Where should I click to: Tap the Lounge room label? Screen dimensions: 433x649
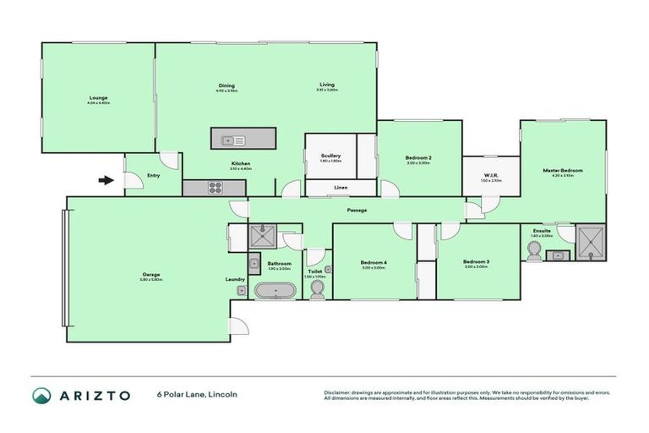coord(99,99)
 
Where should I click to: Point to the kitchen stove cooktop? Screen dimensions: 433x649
coord(212,189)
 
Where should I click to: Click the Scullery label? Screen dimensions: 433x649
coord(330,156)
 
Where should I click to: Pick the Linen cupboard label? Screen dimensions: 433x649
coord(341,187)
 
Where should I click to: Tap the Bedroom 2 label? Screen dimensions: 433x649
coord(418,158)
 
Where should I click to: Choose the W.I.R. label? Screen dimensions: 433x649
coord(491,176)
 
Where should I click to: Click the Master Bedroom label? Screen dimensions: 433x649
coord(562,171)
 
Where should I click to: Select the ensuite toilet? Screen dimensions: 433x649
coord(534,249)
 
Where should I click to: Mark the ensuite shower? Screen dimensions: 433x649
coord(590,242)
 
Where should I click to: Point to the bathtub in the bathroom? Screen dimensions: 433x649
coord(275,291)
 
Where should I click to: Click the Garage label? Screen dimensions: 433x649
coord(151,275)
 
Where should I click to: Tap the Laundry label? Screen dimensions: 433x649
coord(235,279)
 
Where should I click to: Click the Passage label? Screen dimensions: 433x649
coord(357,210)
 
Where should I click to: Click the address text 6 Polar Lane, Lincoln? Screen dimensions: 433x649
coord(196,395)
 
